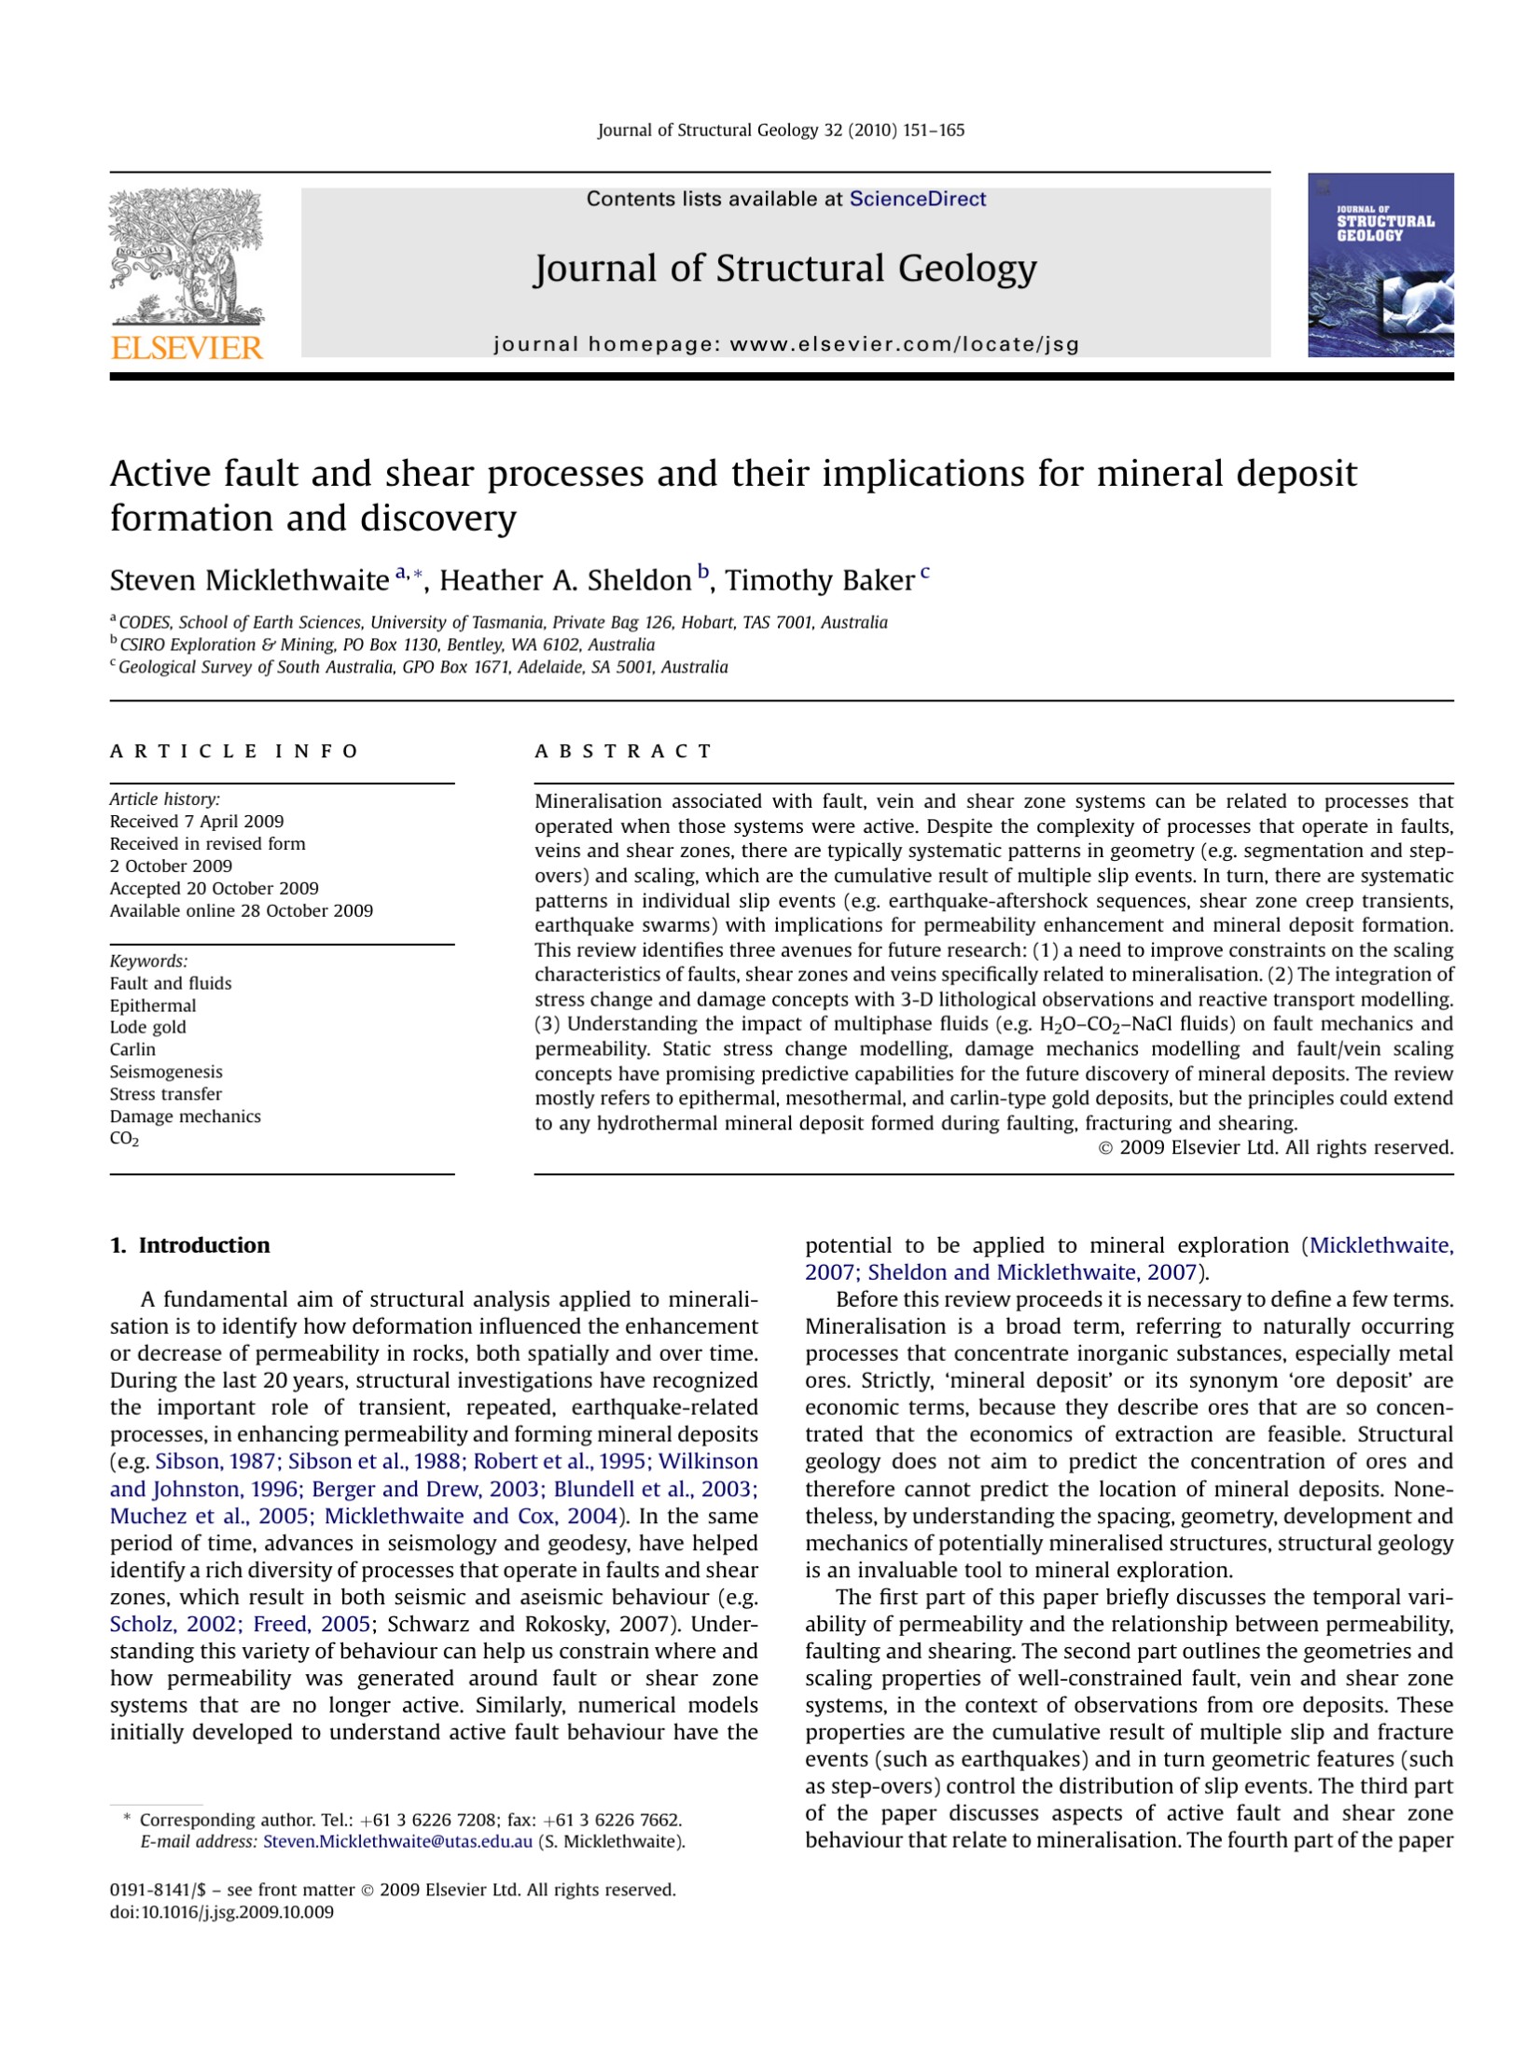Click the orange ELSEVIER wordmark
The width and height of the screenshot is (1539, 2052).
tap(187, 349)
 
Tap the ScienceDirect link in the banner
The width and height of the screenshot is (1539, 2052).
tap(917, 199)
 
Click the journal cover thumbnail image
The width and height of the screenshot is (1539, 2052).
tap(1380, 265)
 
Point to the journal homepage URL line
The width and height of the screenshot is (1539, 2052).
tap(785, 344)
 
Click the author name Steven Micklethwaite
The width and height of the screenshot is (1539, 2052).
tap(249, 580)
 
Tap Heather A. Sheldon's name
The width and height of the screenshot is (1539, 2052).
tap(564, 580)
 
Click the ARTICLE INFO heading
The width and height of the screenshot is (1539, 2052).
tap(233, 751)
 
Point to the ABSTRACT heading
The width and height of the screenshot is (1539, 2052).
tap(622, 751)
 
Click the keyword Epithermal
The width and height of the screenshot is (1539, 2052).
tap(153, 1005)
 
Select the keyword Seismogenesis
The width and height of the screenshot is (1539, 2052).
tap(166, 1072)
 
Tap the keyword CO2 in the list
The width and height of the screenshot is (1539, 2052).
tap(124, 1139)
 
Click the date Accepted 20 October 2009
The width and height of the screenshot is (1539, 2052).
tap(214, 888)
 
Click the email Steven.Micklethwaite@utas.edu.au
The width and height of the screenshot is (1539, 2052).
tap(397, 1841)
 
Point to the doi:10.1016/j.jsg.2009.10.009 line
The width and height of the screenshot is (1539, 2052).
tap(221, 1912)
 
